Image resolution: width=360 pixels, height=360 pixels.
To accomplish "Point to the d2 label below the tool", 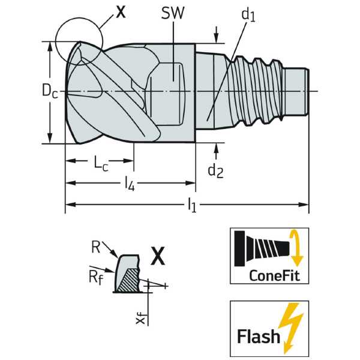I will click(x=215, y=170).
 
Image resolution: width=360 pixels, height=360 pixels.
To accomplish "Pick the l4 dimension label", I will click(x=129, y=183).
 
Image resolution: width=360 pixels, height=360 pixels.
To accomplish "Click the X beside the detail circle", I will click(x=121, y=11).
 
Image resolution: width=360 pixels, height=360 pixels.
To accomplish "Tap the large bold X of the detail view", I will click(x=157, y=256).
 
